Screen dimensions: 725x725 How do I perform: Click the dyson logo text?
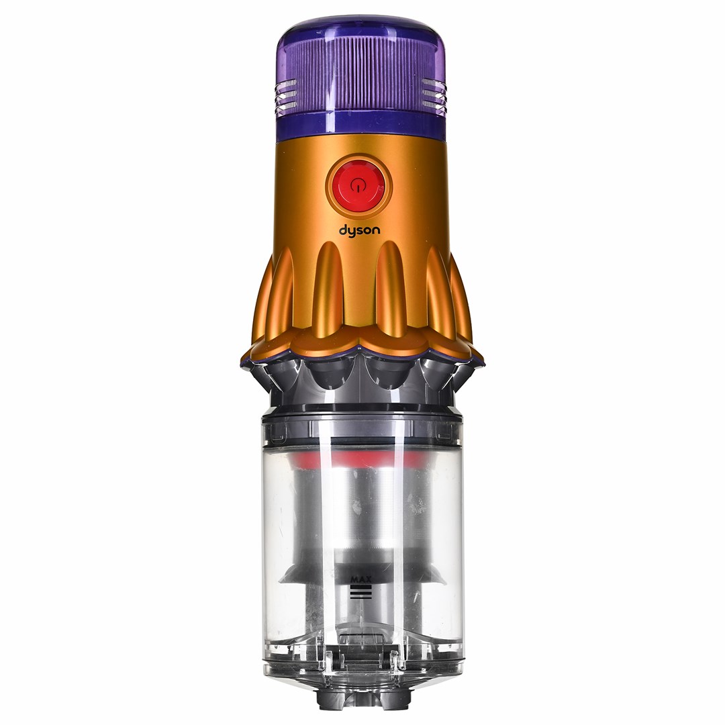tap(360, 230)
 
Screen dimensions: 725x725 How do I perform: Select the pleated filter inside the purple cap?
tap(360, 74)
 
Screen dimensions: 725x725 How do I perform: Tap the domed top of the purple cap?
tap(360, 28)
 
